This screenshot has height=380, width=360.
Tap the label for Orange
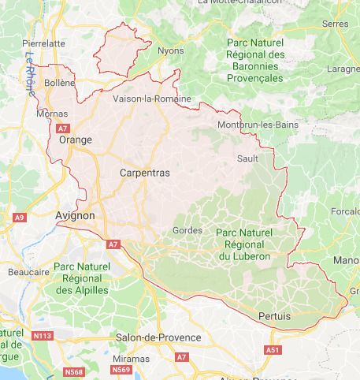click(x=76, y=140)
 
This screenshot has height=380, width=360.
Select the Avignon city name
click(x=75, y=214)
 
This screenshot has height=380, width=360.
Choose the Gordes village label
click(x=187, y=230)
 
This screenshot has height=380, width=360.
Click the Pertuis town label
click(x=273, y=316)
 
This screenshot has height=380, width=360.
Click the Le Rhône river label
click(x=32, y=70)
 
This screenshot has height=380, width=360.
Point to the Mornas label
click(x=52, y=114)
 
